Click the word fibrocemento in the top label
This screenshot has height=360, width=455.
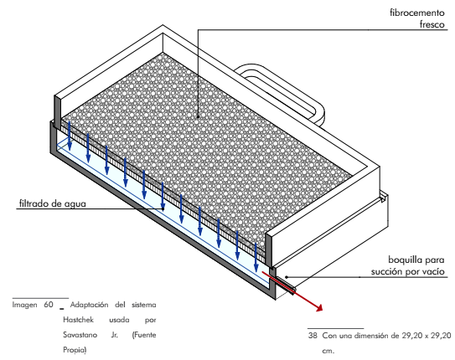(x=417, y=13)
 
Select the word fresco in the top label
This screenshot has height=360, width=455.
(x=432, y=24)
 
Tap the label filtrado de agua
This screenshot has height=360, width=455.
(x=53, y=203)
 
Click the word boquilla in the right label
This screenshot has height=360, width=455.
(x=404, y=260)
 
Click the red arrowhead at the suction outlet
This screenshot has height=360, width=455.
(x=319, y=308)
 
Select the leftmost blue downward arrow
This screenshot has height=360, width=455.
(x=70, y=136)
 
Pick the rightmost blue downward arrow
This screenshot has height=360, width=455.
(x=256, y=257)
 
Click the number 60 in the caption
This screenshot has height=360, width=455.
(x=49, y=305)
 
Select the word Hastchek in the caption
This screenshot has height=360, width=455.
(x=79, y=320)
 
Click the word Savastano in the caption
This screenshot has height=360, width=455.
(x=80, y=335)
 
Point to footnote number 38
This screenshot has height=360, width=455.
(x=313, y=336)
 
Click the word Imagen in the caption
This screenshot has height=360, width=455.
(x=24, y=305)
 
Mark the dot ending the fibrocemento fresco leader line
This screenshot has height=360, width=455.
(x=198, y=117)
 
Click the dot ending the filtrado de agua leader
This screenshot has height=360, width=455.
(x=163, y=208)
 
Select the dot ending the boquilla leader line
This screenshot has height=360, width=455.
(x=286, y=277)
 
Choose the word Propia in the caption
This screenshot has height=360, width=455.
(x=75, y=350)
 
